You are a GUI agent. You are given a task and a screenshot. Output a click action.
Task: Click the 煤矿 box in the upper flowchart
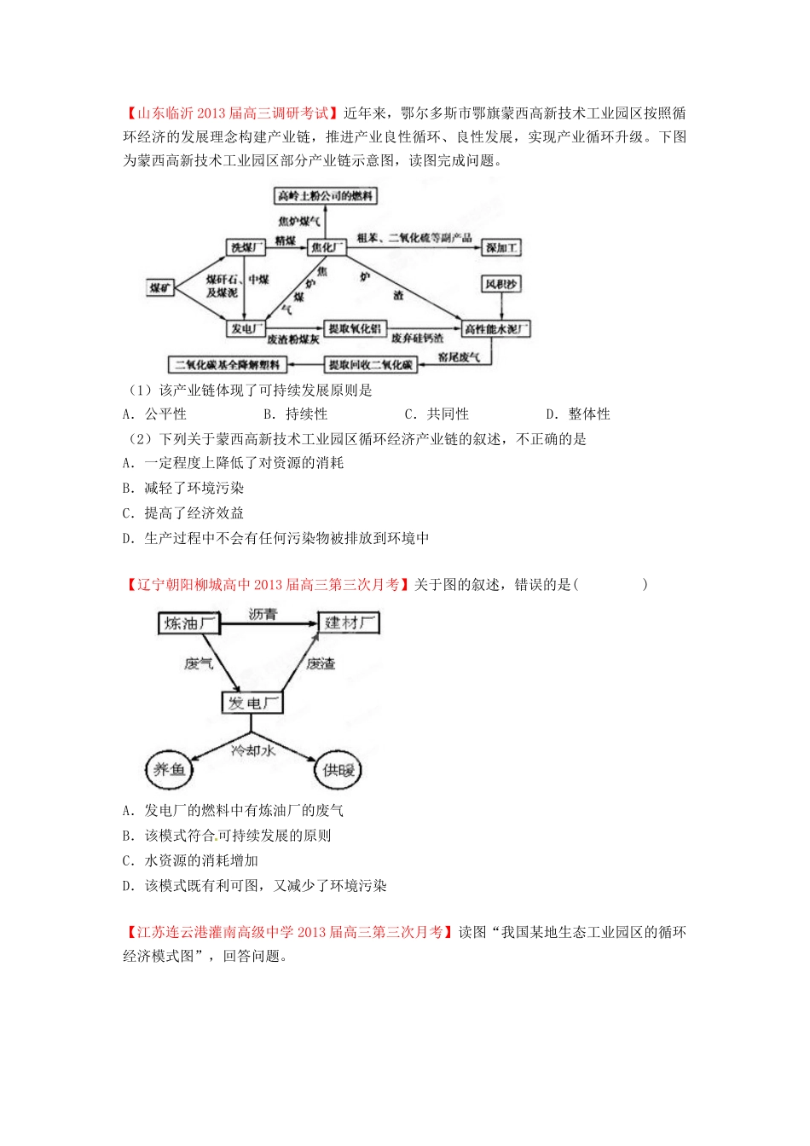pyautogui.click(x=160, y=287)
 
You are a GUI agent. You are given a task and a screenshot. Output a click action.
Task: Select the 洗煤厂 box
pyautogui.click(x=246, y=247)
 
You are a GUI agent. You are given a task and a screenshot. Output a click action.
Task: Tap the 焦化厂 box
pyautogui.click(x=327, y=247)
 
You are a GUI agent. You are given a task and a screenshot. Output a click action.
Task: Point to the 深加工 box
pyautogui.click(x=501, y=247)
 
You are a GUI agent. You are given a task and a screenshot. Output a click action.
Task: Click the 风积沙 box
pyautogui.click(x=500, y=284)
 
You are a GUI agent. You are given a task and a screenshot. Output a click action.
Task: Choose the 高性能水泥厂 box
pyautogui.click(x=495, y=329)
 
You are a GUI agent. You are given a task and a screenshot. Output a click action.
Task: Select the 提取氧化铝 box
pyautogui.click(x=355, y=329)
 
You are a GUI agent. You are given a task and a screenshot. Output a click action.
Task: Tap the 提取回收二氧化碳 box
pyautogui.click(x=371, y=365)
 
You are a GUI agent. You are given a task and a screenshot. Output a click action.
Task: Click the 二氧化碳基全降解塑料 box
pyautogui.click(x=227, y=365)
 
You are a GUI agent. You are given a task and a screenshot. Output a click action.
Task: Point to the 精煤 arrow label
pyautogui.click(x=285, y=241)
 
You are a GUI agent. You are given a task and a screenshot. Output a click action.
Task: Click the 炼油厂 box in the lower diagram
pyautogui.click(x=189, y=623)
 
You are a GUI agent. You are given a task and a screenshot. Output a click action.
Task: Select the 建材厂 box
pyautogui.click(x=349, y=623)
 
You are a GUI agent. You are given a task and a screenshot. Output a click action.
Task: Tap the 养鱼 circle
pyautogui.click(x=169, y=770)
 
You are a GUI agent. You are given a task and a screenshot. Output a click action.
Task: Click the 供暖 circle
pyautogui.click(x=338, y=770)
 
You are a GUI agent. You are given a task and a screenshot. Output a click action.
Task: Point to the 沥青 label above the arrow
pyautogui.click(x=263, y=614)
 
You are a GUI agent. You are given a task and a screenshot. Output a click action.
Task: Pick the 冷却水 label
pyautogui.click(x=252, y=750)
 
